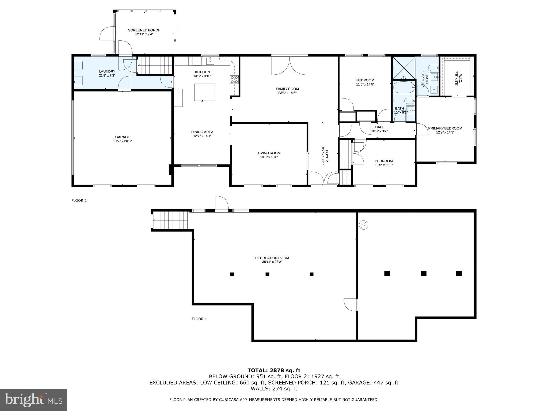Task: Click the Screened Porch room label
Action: tap(144, 30)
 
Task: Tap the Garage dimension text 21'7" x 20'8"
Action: tap(123, 141)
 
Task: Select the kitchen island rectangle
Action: tap(204, 92)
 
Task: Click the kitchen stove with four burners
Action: tap(234, 80)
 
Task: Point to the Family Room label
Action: tap(287, 89)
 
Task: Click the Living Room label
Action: tap(269, 153)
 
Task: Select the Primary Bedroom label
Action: tap(445, 128)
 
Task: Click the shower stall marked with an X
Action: tap(404, 68)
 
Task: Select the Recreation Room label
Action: tap(272, 258)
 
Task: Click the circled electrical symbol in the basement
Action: tap(363, 225)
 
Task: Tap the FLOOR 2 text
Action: tap(79, 200)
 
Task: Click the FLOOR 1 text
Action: tap(199, 319)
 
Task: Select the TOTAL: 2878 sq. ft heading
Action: tap(274, 370)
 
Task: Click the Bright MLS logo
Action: tap(33, 400)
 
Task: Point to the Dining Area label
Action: tap(202, 132)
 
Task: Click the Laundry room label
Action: tap(107, 71)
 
